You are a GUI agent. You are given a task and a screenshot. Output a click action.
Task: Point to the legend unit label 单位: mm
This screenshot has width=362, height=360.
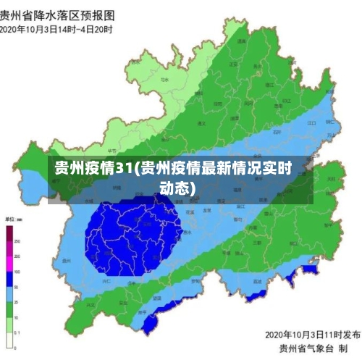point(14,218)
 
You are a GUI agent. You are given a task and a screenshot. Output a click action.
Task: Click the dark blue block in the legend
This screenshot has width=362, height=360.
point(9,278)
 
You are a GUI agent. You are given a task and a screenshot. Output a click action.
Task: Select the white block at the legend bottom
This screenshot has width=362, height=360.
point(9,341)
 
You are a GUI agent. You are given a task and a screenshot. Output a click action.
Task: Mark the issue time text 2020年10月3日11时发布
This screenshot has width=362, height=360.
point(312,335)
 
